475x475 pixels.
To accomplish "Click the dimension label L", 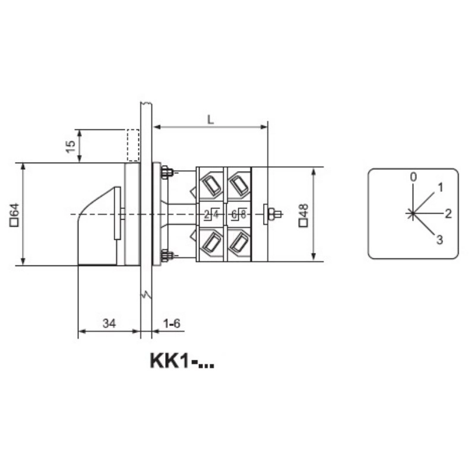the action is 210,120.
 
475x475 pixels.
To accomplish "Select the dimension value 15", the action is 70,147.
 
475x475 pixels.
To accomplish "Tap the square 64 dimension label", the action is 14,215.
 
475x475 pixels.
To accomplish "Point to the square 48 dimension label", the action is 303,215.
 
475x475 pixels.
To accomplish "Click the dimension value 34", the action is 109,323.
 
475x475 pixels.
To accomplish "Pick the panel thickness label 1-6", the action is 172,323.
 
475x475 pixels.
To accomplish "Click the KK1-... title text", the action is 182,361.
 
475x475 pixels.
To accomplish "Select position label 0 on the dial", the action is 413,177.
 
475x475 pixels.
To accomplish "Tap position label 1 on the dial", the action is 441,188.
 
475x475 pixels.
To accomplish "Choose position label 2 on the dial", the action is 448,214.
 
